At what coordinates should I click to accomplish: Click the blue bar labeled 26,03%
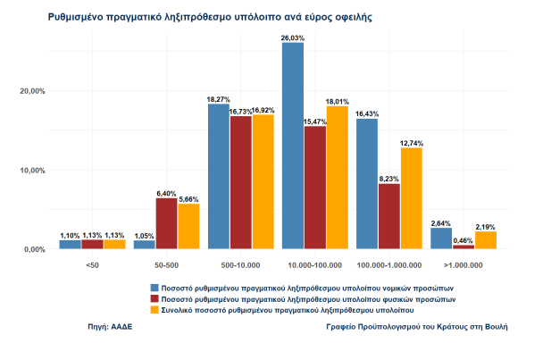pos(293,146)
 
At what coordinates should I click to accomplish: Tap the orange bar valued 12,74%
pos(411,198)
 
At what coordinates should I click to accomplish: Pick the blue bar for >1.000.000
pos(440,239)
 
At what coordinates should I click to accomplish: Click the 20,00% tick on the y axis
pos(32,90)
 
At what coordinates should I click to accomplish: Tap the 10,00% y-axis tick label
pos(32,170)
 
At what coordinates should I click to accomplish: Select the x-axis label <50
pos(92,265)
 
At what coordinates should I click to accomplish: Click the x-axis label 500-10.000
pos(240,265)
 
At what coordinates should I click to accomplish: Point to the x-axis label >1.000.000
pos(463,265)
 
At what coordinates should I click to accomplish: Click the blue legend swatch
pos(154,288)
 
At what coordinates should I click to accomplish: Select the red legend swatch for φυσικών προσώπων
pos(154,299)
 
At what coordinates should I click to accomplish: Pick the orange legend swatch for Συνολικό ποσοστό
pos(154,310)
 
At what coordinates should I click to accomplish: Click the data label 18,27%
pos(219,99)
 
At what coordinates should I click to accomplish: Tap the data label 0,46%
pos(463,240)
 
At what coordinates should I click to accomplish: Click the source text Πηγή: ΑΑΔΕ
pos(110,328)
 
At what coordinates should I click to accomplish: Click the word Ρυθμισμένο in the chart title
pos(79,17)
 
